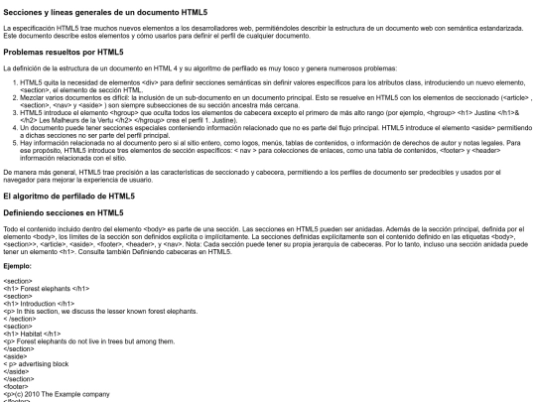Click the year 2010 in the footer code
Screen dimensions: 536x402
point(37,392)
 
